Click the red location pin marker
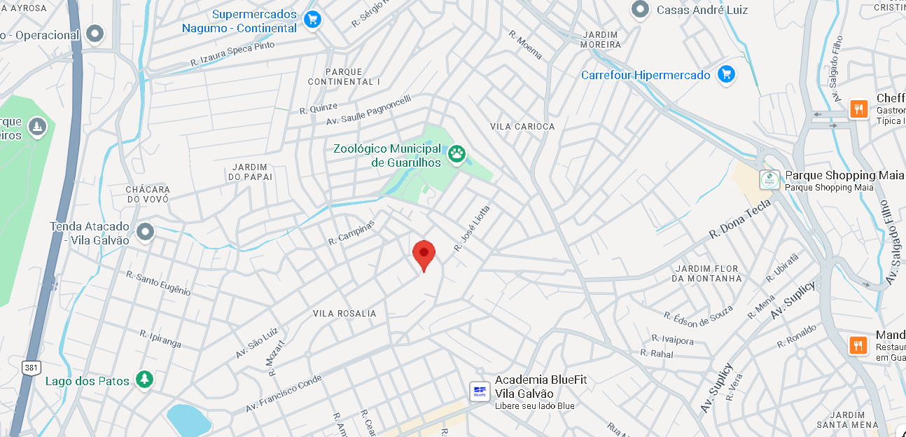tap(424, 254)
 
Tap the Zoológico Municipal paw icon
tap(457, 154)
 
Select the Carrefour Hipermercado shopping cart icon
tap(726, 74)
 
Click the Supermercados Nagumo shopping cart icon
tap(312, 20)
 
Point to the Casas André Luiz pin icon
tap(639, 10)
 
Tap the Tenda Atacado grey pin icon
tap(145, 231)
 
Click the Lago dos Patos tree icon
tap(144, 380)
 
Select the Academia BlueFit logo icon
tap(480, 391)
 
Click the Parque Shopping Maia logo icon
tap(770, 180)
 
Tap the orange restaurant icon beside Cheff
tap(858, 109)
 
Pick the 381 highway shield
tap(32, 367)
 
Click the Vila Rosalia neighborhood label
tap(344, 314)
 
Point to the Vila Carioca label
tap(522, 127)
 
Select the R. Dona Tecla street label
tap(740, 218)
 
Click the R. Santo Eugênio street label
tap(158, 283)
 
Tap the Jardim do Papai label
tap(250, 172)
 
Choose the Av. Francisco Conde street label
tap(284, 393)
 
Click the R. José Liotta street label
tap(472, 228)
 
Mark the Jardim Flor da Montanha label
tap(706, 273)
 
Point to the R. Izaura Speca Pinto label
tap(232, 54)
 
